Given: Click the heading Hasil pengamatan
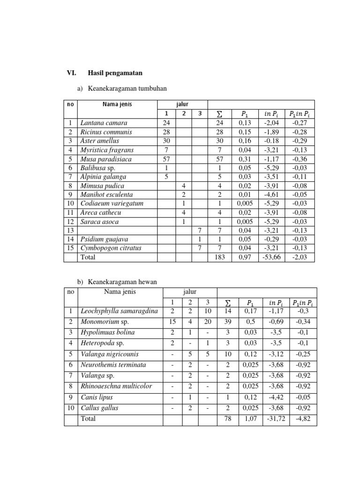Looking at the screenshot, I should click(x=115, y=73).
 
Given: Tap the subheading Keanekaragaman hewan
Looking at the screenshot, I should click(x=119, y=281).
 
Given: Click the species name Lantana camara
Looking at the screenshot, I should click(x=104, y=123).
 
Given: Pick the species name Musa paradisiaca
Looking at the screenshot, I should click(x=106, y=159).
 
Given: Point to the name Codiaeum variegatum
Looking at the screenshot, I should click(x=112, y=203).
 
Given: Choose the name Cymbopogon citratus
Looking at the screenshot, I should click(x=111, y=248).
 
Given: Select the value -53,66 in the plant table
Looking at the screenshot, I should click(x=269, y=257).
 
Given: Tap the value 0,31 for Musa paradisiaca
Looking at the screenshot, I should click(x=245, y=159).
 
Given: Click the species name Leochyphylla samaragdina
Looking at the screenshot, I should click(x=120, y=310).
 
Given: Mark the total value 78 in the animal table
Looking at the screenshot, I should click(x=228, y=419).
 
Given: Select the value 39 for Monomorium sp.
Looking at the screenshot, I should click(x=228, y=322).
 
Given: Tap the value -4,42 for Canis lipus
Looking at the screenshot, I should click(x=274, y=397).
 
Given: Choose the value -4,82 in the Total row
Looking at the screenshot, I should click(x=303, y=419).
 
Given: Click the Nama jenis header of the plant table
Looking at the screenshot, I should click(x=117, y=104).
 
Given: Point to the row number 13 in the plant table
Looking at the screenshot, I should click(x=70, y=230).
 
